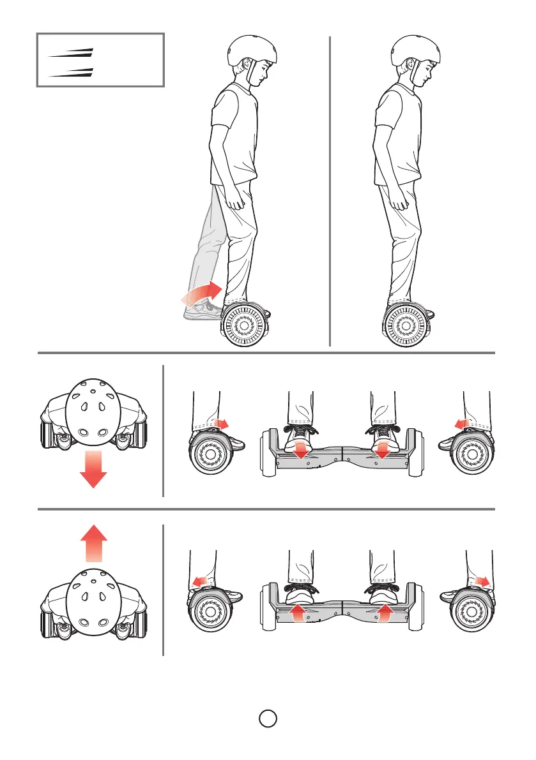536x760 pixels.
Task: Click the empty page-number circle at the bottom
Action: coord(268,719)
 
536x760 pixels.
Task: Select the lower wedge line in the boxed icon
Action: coord(72,71)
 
